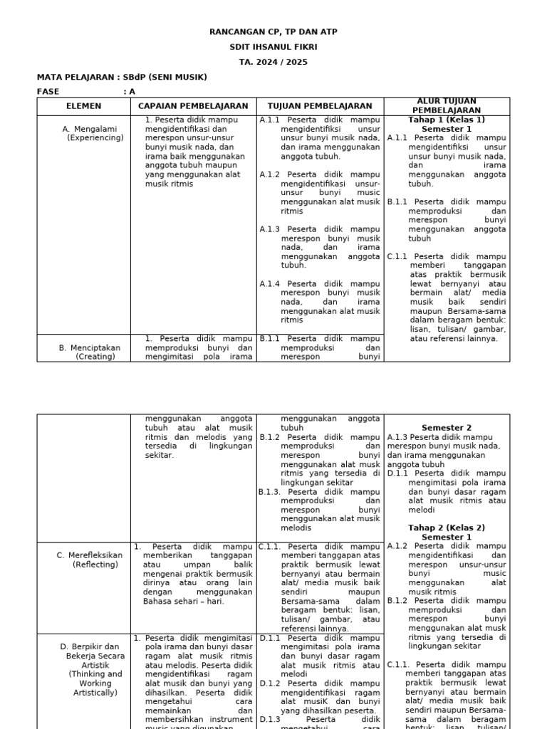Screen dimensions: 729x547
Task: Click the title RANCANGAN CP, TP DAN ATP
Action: (273, 32)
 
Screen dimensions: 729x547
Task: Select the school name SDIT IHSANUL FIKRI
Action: (273, 47)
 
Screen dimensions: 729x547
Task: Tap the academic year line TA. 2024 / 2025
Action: (273, 62)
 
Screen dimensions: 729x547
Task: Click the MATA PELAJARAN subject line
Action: (122, 77)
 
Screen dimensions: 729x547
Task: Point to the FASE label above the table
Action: (48, 92)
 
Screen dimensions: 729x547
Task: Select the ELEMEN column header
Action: (83, 106)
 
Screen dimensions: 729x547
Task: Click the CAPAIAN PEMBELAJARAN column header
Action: (193, 106)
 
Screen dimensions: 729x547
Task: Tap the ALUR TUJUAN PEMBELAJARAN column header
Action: (447, 106)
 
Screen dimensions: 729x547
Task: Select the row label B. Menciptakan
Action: (90, 348)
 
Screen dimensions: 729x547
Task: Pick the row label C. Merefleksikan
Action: (90, 555)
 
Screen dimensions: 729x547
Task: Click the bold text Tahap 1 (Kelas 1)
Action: (447, 120)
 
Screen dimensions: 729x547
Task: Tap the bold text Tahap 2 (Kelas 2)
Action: (447, 528)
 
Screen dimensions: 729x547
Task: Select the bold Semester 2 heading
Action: (447, 428)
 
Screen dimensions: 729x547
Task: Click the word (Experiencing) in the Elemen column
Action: (95, 138)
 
